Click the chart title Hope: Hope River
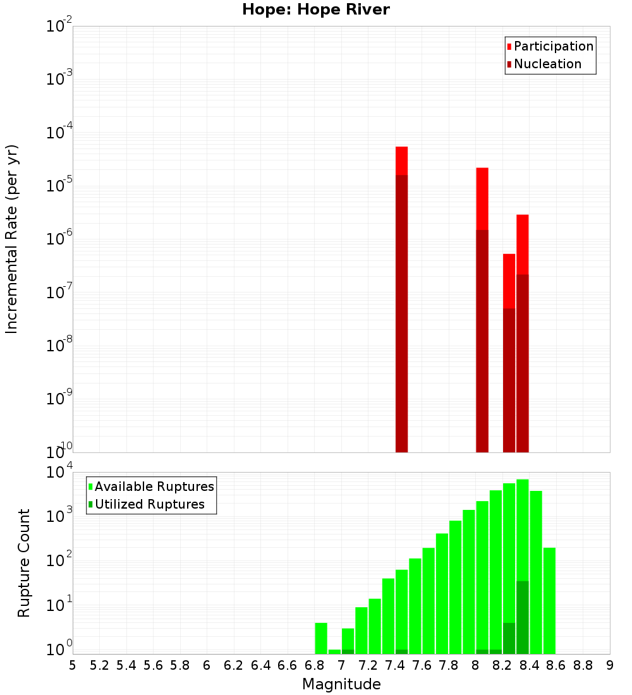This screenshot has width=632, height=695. coord(316,10)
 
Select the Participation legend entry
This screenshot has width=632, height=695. coord(554,46)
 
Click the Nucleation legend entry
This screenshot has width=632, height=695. coord(547,64)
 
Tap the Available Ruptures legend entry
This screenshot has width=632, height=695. coord(154,486)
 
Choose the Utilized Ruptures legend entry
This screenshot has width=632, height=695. coord(149,504)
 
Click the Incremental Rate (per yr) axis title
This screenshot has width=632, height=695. coord(12,239)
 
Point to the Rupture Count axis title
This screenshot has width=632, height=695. coord(24,563)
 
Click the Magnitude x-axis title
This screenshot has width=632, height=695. coord(341,684)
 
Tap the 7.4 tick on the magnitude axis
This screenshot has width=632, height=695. coord(395,665)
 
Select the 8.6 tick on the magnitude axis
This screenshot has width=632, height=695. coord(556,665)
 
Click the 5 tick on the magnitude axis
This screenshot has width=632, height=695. coord(73,665)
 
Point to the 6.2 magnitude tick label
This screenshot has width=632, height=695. coord(234,665)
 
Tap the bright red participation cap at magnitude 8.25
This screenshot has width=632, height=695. coord(509,281)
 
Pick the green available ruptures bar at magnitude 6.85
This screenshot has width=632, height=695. coord(321,638)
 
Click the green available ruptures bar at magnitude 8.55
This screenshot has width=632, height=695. coord(549,600)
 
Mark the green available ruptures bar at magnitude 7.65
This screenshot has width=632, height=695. coord(428,600)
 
